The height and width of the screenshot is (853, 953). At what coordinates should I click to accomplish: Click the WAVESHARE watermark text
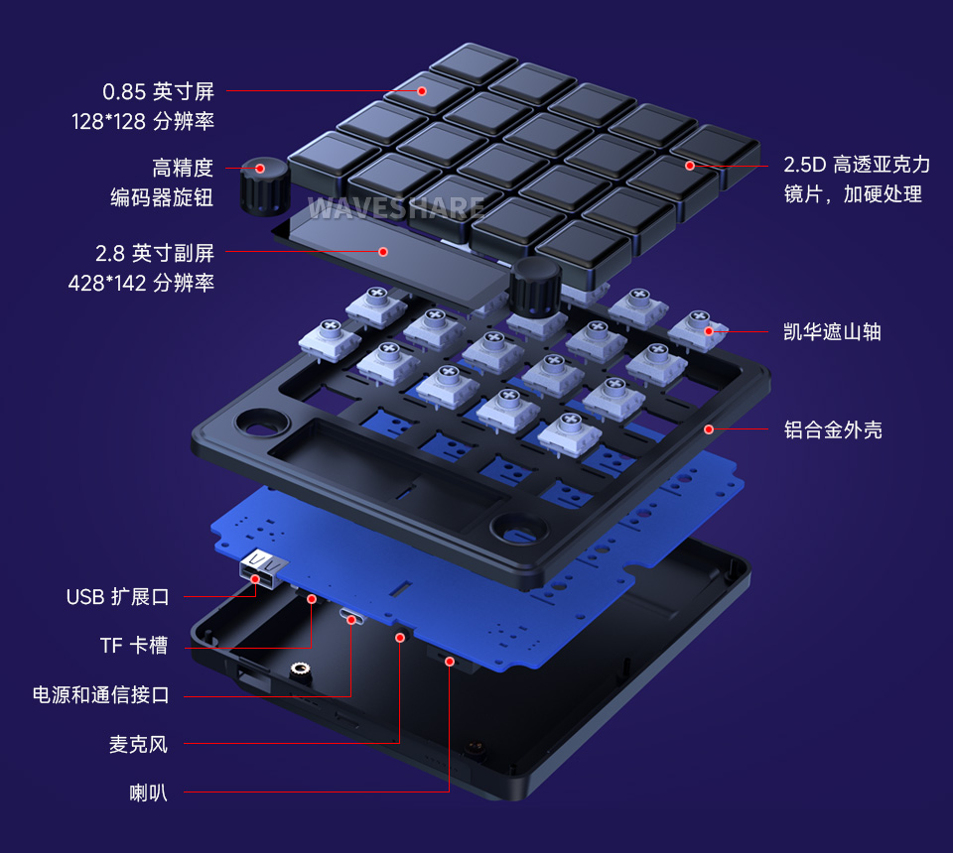(x=396, y=208)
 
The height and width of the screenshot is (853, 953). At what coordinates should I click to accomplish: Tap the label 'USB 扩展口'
(x=118, y=597)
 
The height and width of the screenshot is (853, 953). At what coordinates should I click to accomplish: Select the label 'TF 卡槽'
(x=134, y=647)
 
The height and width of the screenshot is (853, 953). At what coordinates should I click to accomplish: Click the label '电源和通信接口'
(x=101, y=695)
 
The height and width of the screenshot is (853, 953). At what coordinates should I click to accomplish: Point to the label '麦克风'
(x=138, y=744)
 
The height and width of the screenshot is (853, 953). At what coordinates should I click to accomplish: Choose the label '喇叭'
(x=148, y=793)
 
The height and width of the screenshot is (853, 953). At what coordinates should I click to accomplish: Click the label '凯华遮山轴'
(x=832, y=332)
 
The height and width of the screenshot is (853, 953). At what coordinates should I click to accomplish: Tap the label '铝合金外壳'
(x=833, y=429)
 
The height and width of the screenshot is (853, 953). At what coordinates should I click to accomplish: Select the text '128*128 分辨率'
(x=143, y=122)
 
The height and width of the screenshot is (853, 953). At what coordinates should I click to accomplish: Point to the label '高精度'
(x=183, y=168)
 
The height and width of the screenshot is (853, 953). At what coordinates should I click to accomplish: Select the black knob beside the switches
(x=536, y=288)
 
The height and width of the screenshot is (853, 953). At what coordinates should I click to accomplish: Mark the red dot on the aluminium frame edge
(x=709, y=429)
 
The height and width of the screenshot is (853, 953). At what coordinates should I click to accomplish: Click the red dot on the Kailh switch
(x=709, y=331)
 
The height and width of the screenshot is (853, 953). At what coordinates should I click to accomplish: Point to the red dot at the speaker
(x=450, y=661)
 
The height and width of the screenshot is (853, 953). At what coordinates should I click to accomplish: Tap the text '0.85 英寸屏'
(x=159, y=92)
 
